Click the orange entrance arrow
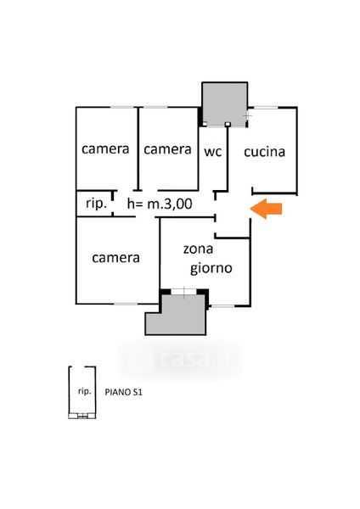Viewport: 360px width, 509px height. [266, 209]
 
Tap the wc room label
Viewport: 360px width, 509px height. [213, 152]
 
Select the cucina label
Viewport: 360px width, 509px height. [264, 152]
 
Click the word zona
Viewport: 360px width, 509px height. [198, 249]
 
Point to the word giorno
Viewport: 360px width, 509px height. [211, 269]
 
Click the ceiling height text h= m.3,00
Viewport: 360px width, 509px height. [160, 204]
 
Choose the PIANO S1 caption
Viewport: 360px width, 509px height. [123, 392]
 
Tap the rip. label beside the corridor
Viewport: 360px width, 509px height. [96, 204]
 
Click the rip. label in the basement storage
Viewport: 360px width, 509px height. [84, 391]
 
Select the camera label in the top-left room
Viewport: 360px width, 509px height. [105, 149]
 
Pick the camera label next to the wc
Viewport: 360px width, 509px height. [167, 149]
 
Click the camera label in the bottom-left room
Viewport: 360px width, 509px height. [115, 258]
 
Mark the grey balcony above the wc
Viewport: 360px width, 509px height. [224, 104]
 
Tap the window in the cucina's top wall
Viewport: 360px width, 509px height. [265, 108]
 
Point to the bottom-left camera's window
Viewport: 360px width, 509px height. [126, 304]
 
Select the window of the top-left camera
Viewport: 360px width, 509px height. [122, 107]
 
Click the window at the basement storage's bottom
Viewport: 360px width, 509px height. [82, 415]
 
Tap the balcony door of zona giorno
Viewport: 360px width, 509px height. [184, 292]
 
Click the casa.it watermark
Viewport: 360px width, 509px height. [181, 359]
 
